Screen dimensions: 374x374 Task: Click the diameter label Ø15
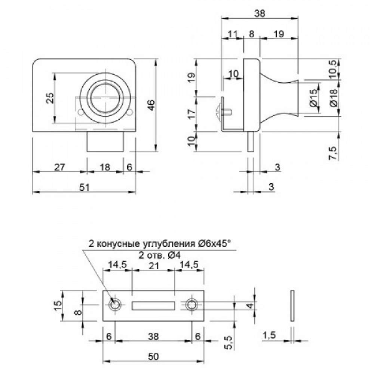click(x=313, y=97)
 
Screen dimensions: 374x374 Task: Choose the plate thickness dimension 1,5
click(x=269, y=336)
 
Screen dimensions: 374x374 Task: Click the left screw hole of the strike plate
click(x=114, y=305)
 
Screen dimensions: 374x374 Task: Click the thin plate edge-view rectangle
click(x=292, y=305)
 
